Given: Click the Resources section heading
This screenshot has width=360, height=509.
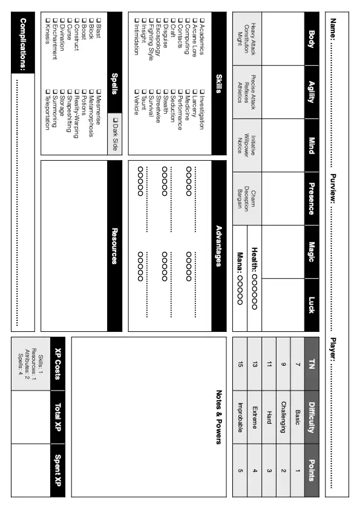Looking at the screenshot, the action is (x=114, y=245).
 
